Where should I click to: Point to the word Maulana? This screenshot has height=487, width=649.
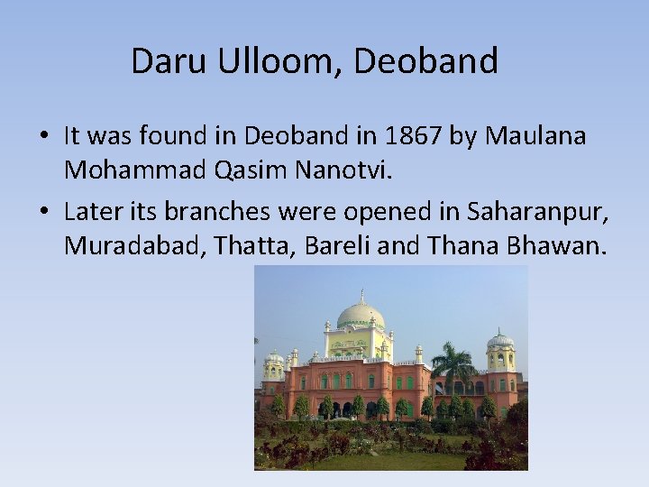coord(536,136)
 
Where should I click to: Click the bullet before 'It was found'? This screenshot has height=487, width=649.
coord(44,137)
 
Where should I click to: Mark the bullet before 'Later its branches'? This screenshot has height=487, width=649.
coord(44,213)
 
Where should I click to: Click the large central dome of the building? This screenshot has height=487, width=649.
coord(361,314)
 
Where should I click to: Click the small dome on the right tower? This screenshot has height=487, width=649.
coord(500,340)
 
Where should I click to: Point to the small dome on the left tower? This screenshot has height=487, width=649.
coord(273,357)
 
